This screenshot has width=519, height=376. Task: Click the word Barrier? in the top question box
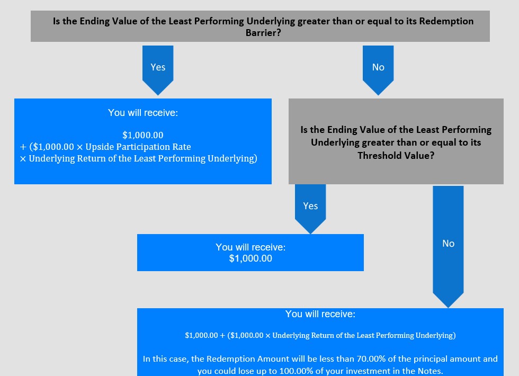(263, 33)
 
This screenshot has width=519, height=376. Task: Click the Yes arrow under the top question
(158, 70)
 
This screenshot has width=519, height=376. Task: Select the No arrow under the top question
(378, 70)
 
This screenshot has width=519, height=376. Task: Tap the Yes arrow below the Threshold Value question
(310, 209)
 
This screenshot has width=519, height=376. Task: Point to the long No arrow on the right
(448, 247)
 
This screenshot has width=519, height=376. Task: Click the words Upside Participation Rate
(138, 147)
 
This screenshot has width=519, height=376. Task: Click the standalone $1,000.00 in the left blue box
(143, 135)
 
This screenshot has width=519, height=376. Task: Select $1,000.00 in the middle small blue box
(250, 258)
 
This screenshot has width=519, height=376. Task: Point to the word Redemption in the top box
(446, 21)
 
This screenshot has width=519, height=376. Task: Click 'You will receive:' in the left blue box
(143, 113)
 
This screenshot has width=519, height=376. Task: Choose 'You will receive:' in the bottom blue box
(320, 314)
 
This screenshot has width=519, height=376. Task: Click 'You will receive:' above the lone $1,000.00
(250, 247)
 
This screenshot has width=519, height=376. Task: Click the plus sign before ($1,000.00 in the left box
(23, 147)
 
